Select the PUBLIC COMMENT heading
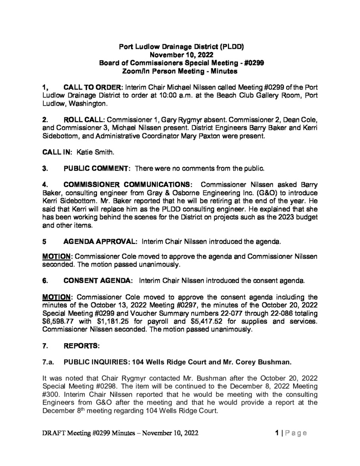(x=96, y=169)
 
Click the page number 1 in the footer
(x=277, y=433)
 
